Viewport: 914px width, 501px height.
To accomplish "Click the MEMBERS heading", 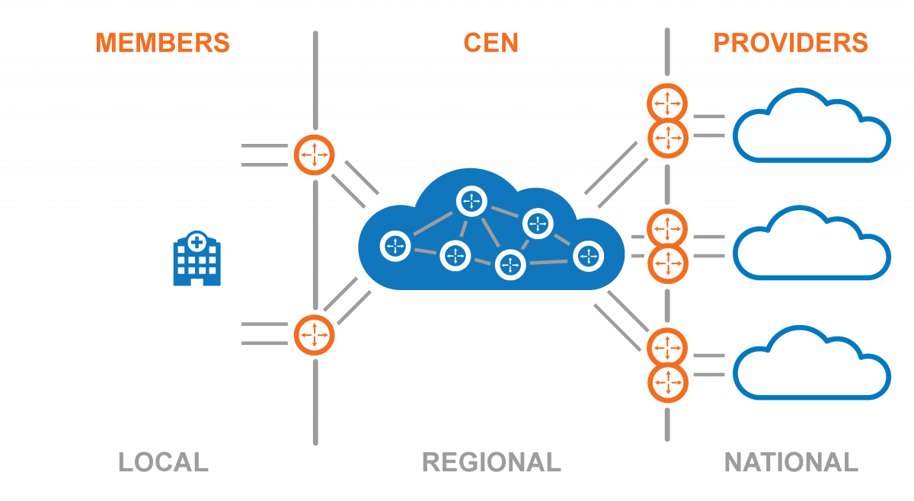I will tap(162, 43).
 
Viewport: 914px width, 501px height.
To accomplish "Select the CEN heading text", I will tap(491, 43).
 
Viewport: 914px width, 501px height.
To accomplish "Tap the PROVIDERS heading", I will tap(791, 43).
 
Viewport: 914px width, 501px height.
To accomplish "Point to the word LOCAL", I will tap(163, 462).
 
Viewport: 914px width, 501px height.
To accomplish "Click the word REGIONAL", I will tap(491, 462).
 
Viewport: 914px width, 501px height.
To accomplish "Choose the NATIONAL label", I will tap(791, 462).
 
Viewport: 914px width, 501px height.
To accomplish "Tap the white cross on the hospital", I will tap(197, 242).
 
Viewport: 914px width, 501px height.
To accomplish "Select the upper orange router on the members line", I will tap(315, 155).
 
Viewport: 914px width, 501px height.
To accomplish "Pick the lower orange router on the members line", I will tap(315, 333).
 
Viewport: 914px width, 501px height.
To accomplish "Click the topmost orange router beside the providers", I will tap(667, 103).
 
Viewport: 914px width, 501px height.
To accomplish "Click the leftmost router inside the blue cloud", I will tap(395, 245).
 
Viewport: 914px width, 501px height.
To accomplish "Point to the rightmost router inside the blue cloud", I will tap(588, 257).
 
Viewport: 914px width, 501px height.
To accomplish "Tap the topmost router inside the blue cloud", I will tap(471, 201).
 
